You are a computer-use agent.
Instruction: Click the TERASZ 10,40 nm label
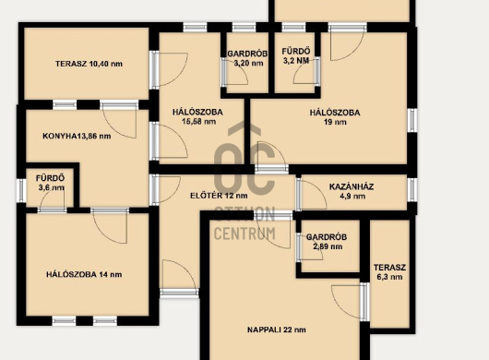coord(89,64)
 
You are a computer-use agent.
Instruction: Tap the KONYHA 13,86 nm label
coord(77,136)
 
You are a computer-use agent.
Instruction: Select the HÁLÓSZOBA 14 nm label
coord(84,274)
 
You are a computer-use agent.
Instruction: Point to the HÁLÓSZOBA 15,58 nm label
coord(197,116)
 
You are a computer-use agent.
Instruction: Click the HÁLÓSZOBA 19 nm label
coord(335,117)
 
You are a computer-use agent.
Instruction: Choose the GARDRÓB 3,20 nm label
coord(247,58)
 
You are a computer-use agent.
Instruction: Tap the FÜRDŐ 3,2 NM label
coord(296,55)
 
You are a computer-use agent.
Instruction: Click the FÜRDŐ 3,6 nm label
coord(50,183)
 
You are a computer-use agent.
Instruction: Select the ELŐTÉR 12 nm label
coord(219,196)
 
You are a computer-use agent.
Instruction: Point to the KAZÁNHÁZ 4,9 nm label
coord(352,191)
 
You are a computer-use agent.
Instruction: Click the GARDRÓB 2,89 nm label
coord(327,242)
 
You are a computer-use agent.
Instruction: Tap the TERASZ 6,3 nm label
coord(390,272)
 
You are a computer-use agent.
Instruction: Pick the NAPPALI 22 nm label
coord(277,330)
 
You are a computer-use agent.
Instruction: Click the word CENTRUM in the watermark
coord(244,234)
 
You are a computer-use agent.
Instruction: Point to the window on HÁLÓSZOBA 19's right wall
coord(412,120)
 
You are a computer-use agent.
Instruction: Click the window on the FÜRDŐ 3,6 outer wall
coord(21,190)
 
